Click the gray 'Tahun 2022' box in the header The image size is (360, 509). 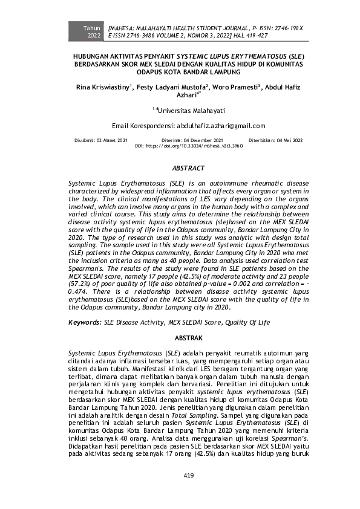93,32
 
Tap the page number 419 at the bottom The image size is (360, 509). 188,476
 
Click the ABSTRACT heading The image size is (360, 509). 188,168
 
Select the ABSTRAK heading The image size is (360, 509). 188,338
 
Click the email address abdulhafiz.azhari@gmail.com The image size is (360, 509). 221,126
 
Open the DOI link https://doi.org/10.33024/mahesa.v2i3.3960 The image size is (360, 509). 196,146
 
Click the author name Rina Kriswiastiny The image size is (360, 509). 102,88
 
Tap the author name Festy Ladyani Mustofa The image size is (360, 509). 172,88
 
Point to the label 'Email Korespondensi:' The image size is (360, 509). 143,126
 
